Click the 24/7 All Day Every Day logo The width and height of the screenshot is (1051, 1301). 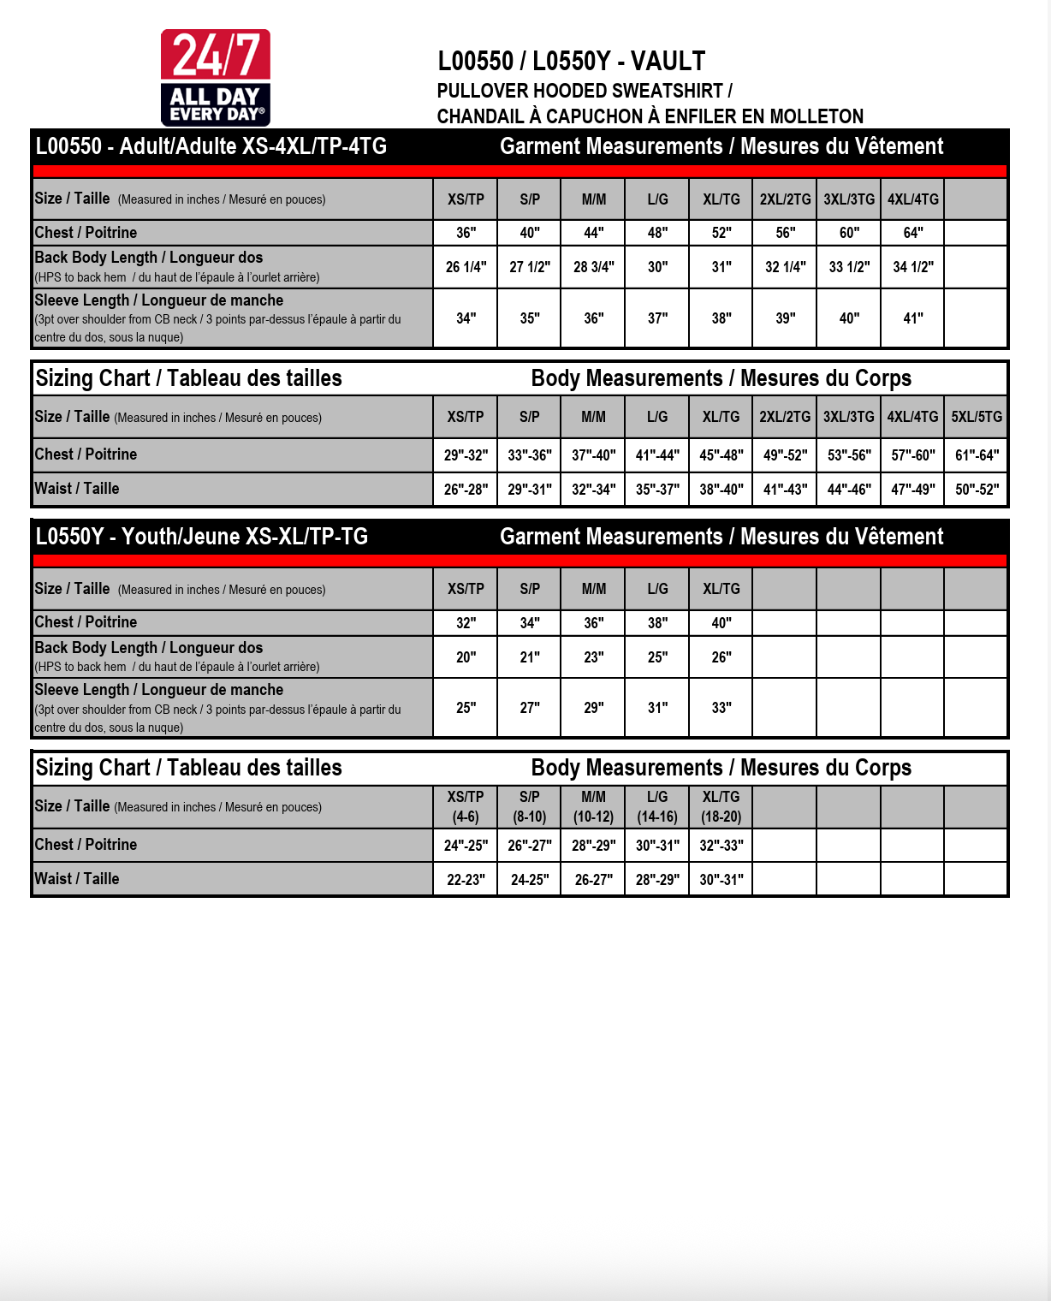(x=216, y=78)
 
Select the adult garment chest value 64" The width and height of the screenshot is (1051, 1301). (x=913, y=233)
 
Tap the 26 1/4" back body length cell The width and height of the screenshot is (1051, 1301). (x=466, y=267)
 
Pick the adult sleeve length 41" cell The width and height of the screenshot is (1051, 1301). (x=913, y=318)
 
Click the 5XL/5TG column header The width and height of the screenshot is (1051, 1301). (x=977, y=417)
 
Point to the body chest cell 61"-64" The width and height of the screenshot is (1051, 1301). (x=977, y=455)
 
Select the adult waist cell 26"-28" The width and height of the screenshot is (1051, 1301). (x=466, y=490)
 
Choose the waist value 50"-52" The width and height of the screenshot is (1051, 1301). (x=977, y=490)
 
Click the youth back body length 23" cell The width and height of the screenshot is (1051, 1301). (x=593, y=657)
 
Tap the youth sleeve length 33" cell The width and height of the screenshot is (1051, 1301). (x=721, y=708)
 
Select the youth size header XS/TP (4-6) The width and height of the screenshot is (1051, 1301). (x=466, y=806)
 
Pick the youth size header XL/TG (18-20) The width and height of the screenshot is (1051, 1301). (x=721, y=806)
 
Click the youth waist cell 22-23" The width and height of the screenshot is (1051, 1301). (x=466, y=879)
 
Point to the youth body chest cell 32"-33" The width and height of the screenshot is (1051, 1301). (x=721, y=845)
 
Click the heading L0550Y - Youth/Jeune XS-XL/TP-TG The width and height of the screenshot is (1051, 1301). (x=202, y=537)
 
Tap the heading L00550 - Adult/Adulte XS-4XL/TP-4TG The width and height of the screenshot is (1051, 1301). (x=211, y=146)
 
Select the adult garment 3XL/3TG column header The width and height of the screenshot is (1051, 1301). (x=849, y=199)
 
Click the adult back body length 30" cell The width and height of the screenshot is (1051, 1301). (x=657, y=267)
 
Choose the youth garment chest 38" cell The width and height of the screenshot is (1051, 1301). (x=657, y=623)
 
